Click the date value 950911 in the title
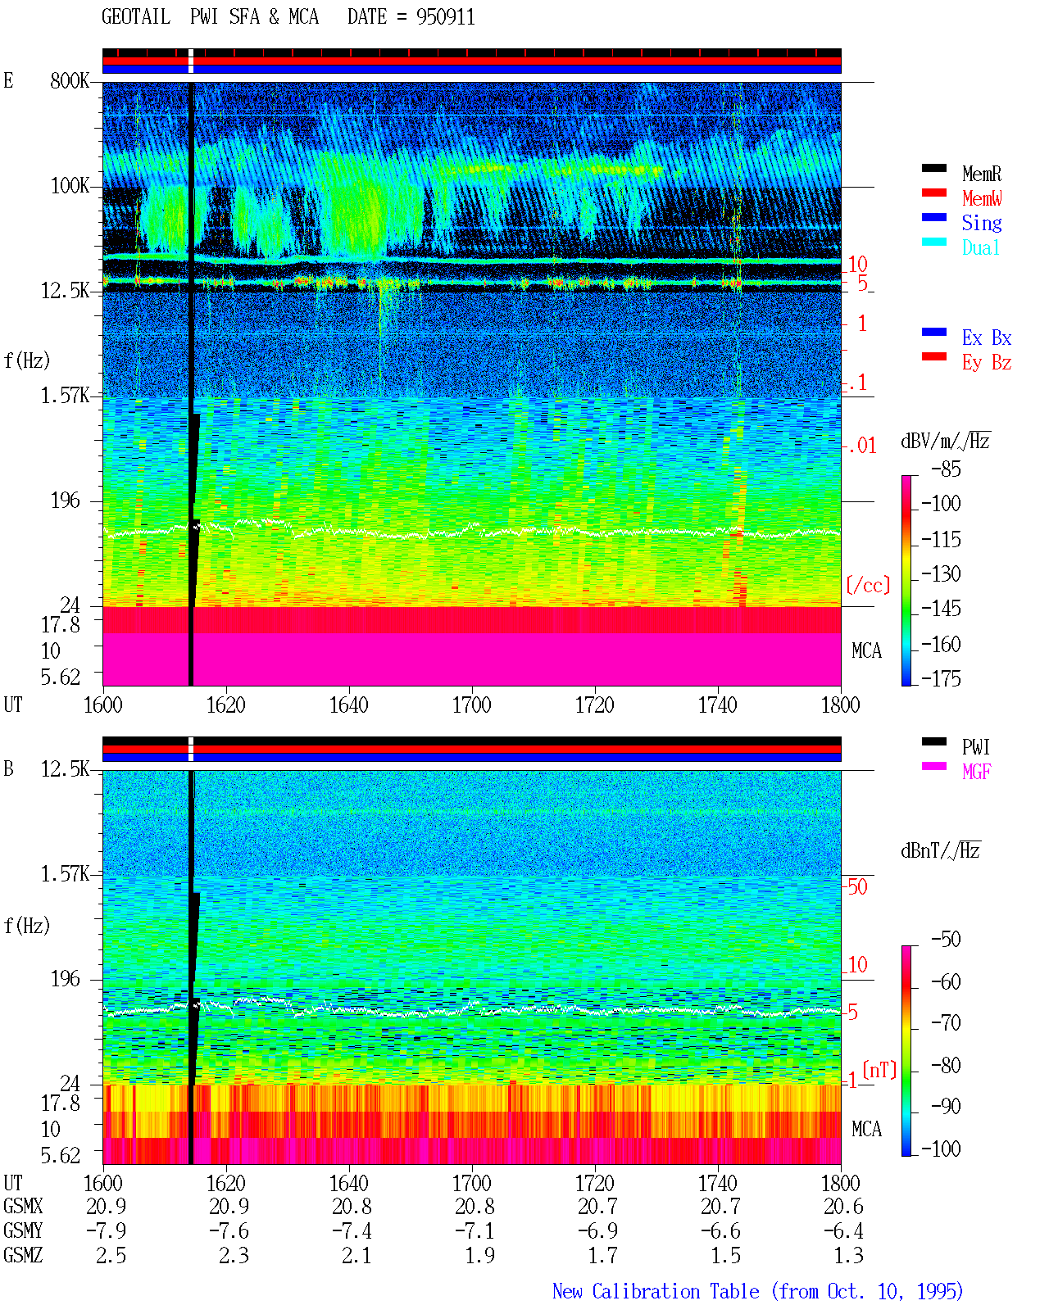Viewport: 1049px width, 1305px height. (x=445, y=17)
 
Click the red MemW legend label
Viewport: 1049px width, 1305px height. (x=982, y=198)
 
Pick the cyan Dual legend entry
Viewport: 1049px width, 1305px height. (x=980, y=247)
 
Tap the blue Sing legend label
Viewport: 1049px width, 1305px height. (x=982, y=223)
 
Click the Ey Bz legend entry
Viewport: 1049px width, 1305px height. (x=987, y=363)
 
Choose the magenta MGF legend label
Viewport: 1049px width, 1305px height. (x=976, y=772)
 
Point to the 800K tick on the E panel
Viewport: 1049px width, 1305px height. (x=70, y=80)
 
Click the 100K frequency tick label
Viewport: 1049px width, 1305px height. (x=70, y=186)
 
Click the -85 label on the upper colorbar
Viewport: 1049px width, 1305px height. (x=946, y=469)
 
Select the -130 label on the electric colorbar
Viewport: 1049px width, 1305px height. (x=941, y=573)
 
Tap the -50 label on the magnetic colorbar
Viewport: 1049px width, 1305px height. (x=946, y=940)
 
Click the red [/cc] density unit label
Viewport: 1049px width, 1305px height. (x=868, y=585)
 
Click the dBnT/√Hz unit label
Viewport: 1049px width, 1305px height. (x=940, y=851)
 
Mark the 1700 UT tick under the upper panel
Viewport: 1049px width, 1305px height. (x=471, y=705)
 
